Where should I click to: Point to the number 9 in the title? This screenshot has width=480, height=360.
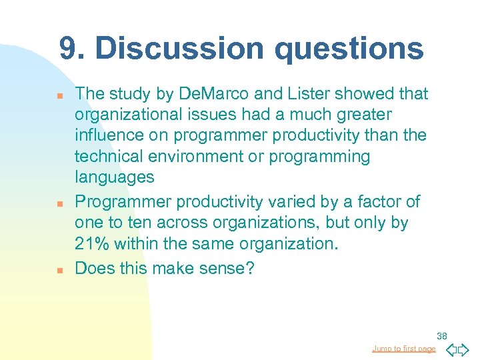tap(68, 49)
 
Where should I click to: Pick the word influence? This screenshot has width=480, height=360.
tap(107, 136)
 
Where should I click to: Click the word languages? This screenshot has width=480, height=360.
tap(115, 177)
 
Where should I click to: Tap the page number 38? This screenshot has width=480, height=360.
tap(443, 336)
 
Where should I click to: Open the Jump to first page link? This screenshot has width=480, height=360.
tap(404, 349)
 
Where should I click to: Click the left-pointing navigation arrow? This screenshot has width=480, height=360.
tap(451, 349)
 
